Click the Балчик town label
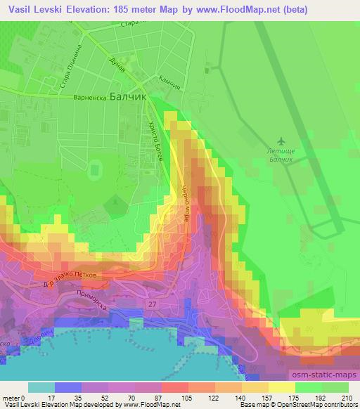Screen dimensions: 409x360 click(127, 99)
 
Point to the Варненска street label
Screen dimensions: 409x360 click(89, 98)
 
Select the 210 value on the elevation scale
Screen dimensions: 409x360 click(346, 398)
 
